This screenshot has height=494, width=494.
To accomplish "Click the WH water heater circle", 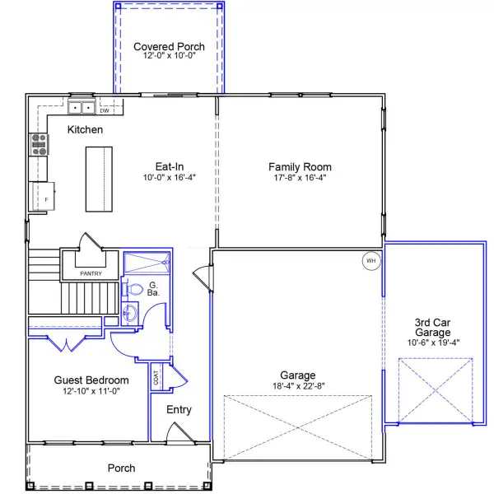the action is pyautogui.click(x=371, y=261).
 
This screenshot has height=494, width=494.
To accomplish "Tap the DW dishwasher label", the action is pyautogui.click(x=105, y=110).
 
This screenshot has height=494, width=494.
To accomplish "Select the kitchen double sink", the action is pyautogui.click(x=82, y=107).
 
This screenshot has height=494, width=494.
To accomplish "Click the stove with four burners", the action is pyautogui.click(x=39, y=145).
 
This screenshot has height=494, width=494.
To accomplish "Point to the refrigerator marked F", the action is pyautogui.click(x=44, y=196).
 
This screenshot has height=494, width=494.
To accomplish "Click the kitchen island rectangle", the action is pyautogui.click(x=99, y=179).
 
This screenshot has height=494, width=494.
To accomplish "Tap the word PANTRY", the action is pyautogui.click(x=91, y=273).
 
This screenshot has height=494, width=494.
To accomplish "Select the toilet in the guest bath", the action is pyautogui.click(x=132, y=289).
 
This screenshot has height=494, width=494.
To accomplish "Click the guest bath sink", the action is pyautogui.click(x=130, y=313).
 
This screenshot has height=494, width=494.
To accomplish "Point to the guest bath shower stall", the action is pyautogui.click(x=147, y=262).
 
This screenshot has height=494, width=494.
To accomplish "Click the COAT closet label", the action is pyautogui.click(x=156, y=377).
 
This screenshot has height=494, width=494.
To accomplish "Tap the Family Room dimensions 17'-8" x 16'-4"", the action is pyautogui.click(x=300, y=178).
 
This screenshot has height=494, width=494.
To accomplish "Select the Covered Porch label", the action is pyautogui.click(x=169, y=46).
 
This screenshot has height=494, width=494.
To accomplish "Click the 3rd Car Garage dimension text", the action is pyautogui.click(x=433, y=343).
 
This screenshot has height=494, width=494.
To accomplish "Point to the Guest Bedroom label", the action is pyautogui.click(x=91, y=380).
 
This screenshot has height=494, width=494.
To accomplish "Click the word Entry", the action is pyautogui.click(x=179, y=409).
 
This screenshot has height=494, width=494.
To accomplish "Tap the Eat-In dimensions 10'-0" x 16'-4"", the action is pyautogui.click(x=170, y=177).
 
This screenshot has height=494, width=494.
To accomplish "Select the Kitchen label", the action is pyautogui.click(x=85, y=129).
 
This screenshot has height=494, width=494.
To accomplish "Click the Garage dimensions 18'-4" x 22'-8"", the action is pyautogui.click(x=299, y=386).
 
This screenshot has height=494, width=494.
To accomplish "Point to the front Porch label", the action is pyautogui.click(x=121, y=468).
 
